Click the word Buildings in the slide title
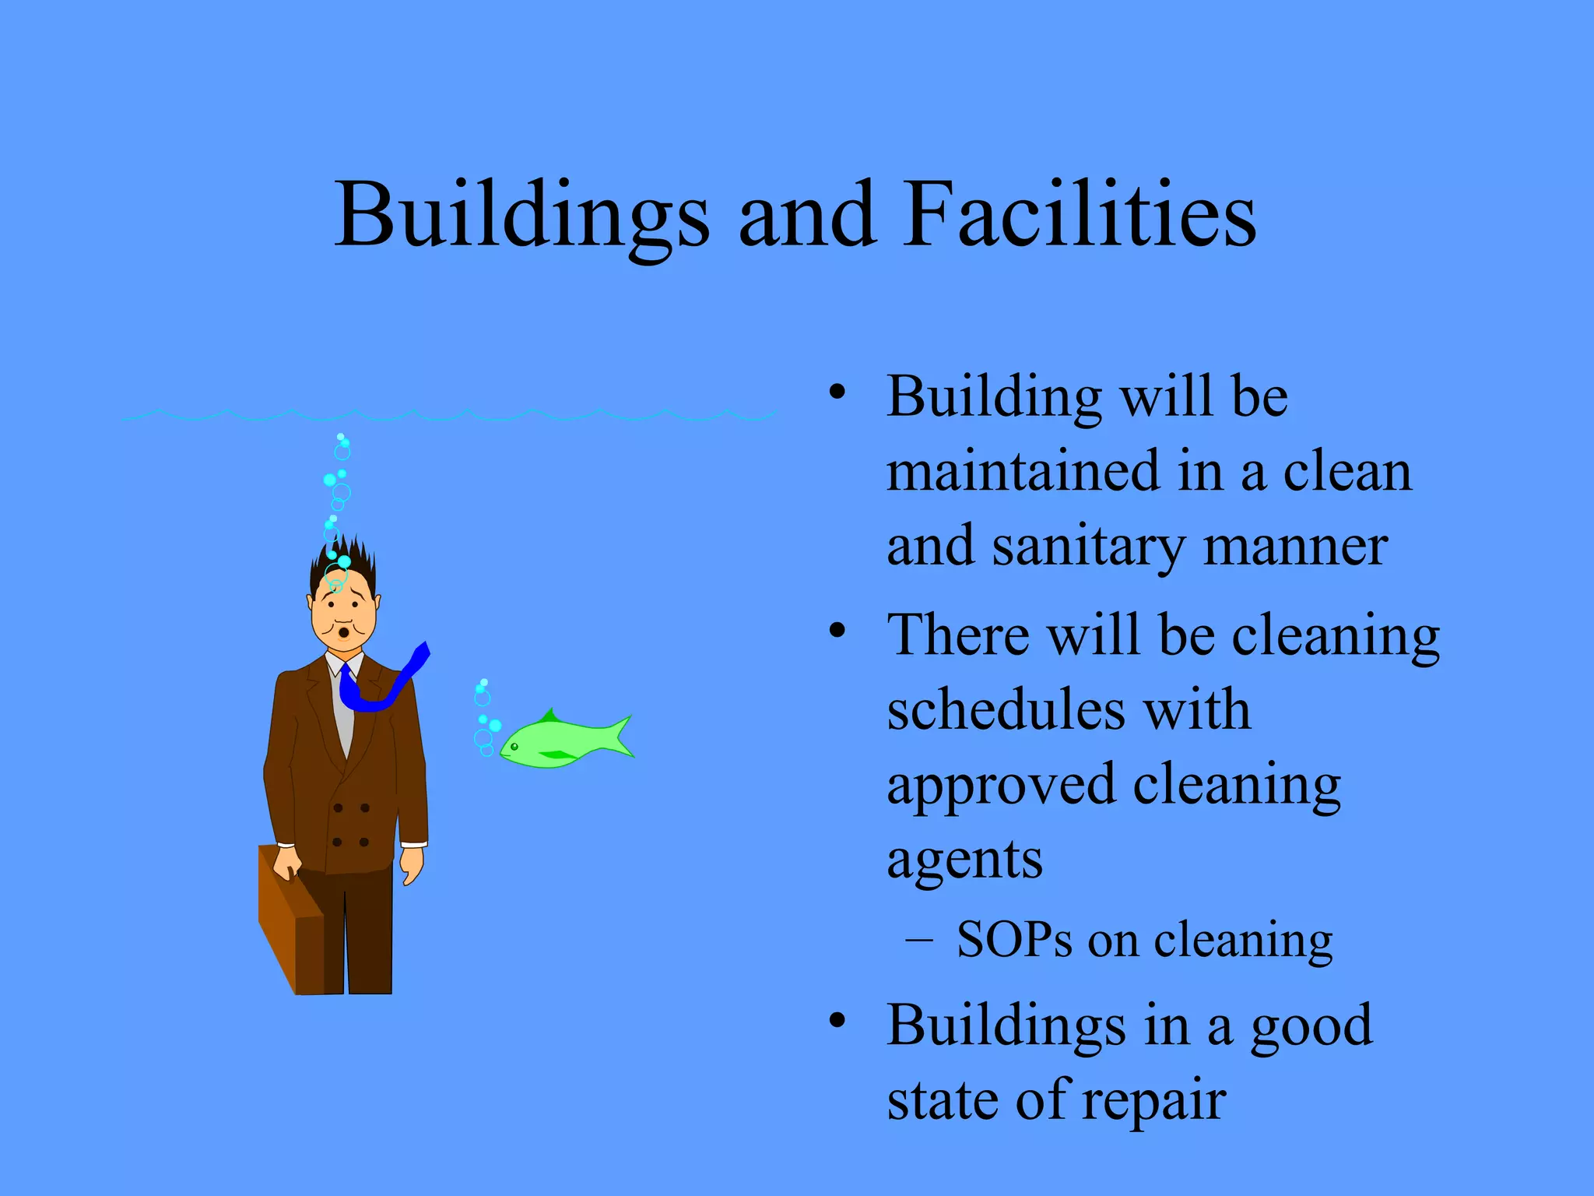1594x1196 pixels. (522, 215)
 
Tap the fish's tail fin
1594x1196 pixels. (619, 736)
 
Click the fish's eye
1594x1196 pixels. (514, 747)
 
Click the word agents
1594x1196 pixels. (964, 860)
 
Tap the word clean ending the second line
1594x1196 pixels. (1346, 472)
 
